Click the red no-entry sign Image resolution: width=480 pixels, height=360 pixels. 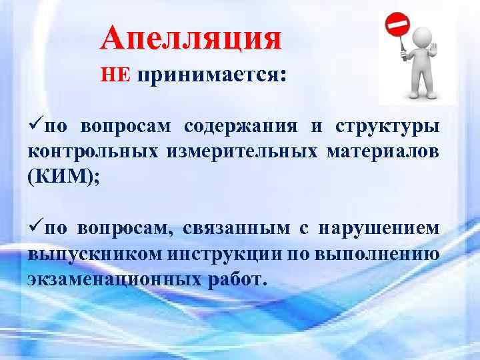tap(398, 27)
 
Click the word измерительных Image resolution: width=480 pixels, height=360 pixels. tap(238, 152)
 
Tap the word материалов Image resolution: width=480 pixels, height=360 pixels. tap(383, 152)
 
